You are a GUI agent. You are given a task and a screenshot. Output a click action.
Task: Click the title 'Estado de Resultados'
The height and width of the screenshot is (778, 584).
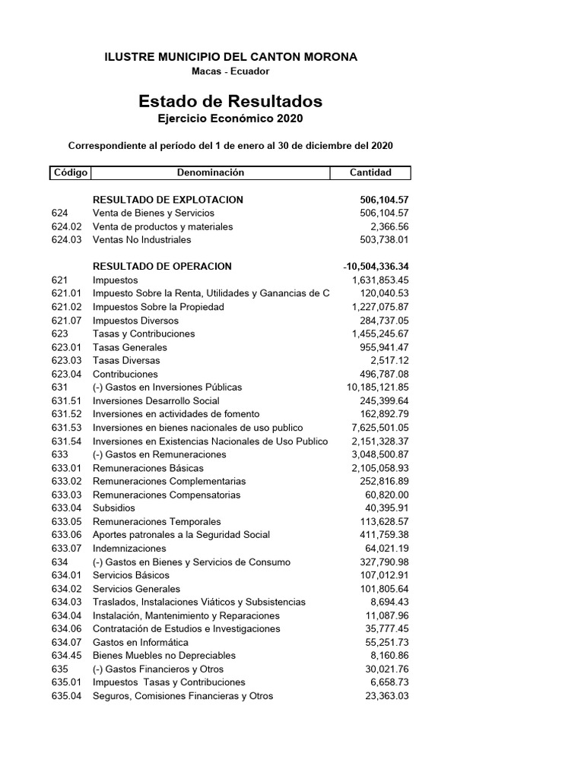[230, 101]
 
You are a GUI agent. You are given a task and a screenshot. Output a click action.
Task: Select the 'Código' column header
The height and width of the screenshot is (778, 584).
[70, 172]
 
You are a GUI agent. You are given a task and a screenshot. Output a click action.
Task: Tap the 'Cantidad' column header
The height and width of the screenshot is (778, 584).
[370, 172]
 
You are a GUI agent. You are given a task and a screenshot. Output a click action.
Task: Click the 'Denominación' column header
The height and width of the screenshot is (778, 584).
[211, 172]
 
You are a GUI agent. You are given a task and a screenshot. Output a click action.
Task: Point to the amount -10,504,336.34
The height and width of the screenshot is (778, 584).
[376, 267]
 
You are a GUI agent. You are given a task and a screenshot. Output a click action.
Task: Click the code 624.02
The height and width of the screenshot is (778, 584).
[66, 226]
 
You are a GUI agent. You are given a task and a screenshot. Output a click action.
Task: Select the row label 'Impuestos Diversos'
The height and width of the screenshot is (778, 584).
[136, 321]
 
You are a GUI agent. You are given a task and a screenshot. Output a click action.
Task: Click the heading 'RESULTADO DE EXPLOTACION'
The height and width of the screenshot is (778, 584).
[167, 200]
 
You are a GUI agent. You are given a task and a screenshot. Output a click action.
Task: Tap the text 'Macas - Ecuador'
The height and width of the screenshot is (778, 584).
[230, 71]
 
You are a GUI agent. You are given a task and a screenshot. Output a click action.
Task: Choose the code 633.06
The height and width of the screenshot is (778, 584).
[66, 535]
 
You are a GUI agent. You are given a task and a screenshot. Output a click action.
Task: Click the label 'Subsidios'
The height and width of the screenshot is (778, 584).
[114, 508]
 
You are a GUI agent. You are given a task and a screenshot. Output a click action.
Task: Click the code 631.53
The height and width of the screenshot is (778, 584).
[66, 428]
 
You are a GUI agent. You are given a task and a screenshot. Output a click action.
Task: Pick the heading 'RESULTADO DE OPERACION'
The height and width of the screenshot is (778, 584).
[162, 267]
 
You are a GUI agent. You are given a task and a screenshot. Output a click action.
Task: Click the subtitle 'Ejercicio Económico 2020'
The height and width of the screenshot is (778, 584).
[230, 119]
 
